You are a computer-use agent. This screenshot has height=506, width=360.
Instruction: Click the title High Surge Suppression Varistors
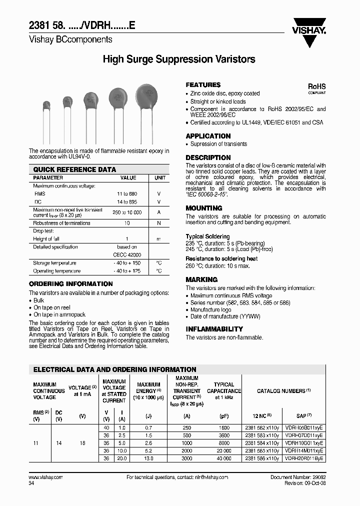tap(179, 59)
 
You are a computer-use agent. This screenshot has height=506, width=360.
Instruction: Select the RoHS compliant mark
tap(316, 88)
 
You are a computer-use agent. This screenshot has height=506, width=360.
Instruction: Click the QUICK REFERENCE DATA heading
tap(74, 169)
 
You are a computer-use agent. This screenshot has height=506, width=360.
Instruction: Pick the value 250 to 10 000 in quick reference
tap(127, 212)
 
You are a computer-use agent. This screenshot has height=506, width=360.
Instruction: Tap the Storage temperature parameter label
tap(54, 263)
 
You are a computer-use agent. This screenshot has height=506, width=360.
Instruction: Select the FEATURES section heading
tap(203, 85)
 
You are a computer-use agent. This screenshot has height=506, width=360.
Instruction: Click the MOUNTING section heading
tap(204, 208)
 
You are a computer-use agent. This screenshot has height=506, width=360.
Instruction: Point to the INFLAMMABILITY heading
tap(214, 329)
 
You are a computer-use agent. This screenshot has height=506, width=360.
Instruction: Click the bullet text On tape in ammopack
tap(59, 315)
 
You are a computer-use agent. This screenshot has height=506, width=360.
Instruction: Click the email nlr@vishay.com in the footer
tap(208, 477)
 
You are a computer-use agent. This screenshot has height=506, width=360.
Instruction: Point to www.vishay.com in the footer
tap(45, 477)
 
